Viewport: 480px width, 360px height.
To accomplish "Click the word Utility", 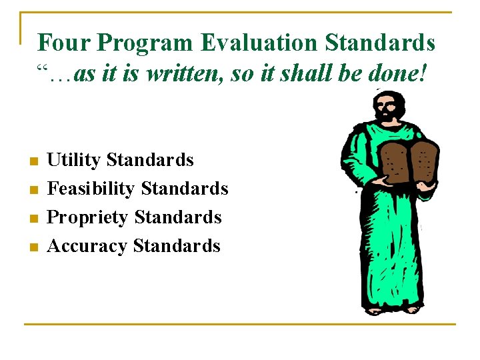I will click(73, 161).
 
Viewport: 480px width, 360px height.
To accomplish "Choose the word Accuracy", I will click(87, 246).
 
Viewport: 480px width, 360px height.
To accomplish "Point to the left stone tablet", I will click(397, 161).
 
